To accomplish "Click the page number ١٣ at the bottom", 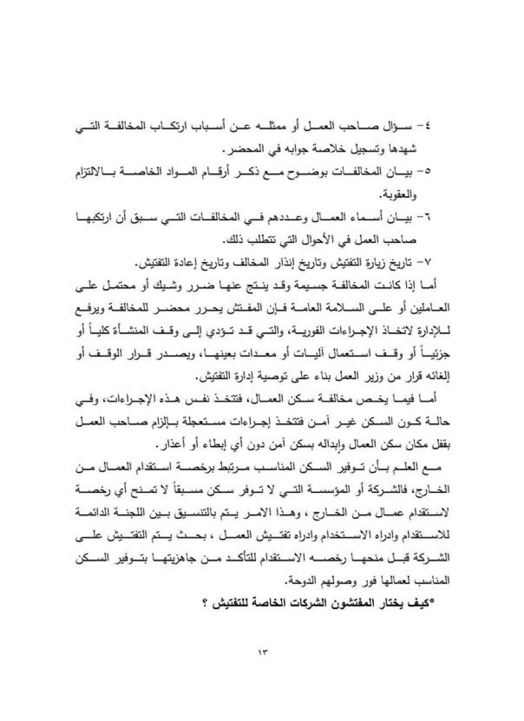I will pos(262,652).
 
